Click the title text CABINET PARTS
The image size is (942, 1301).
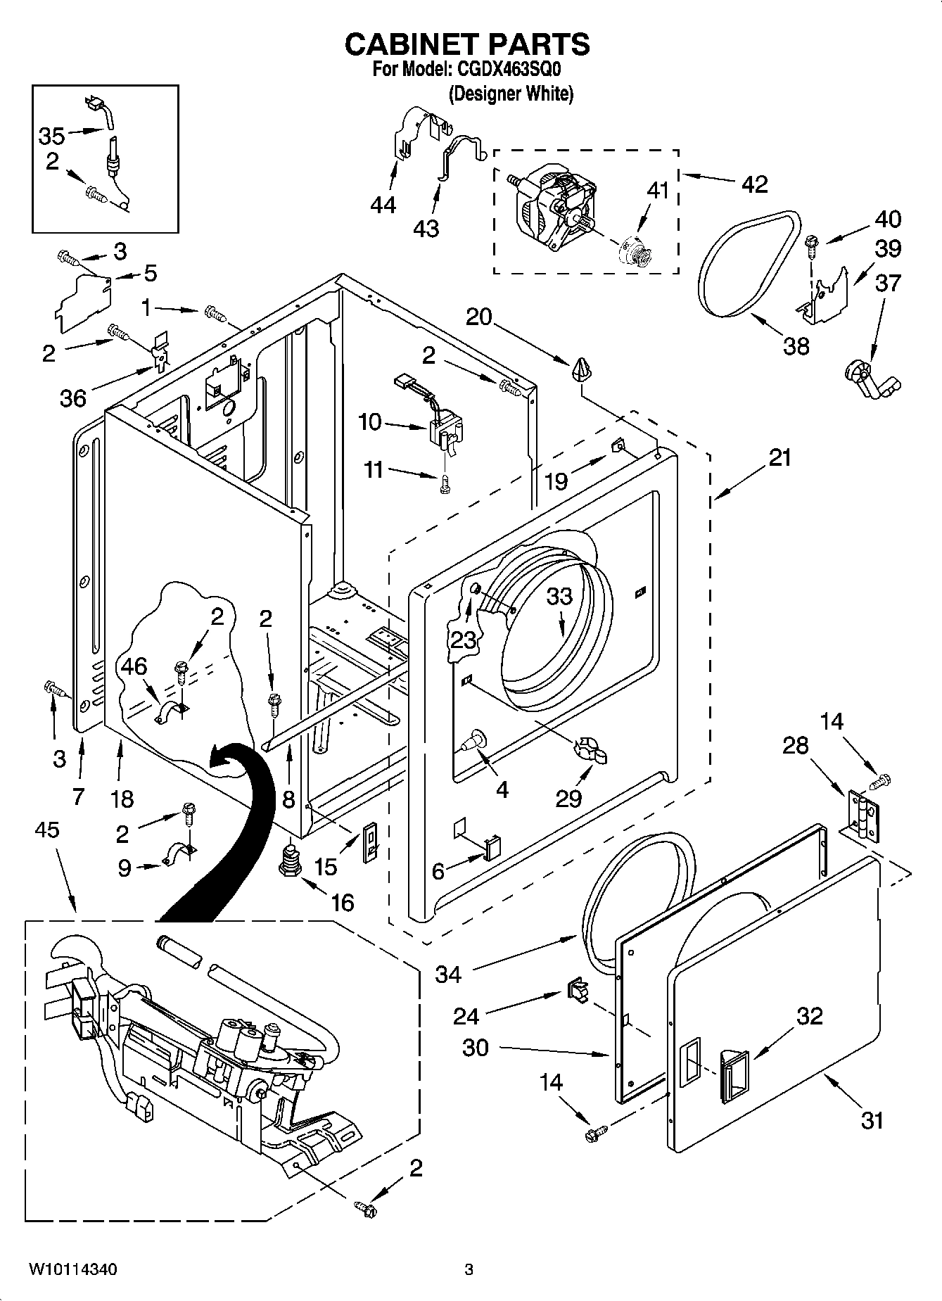tap(467, 44)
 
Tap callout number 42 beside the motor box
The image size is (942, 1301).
tap(754, 184)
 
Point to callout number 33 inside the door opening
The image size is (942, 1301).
tap(560, 596)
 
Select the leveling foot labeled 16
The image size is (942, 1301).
tap(289, 860)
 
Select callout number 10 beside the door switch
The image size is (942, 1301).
tap(370, 422)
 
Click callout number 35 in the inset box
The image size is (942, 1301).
tap(51, 136)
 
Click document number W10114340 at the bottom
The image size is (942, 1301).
tap(72, 1269)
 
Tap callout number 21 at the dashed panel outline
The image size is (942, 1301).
tap(779, 458)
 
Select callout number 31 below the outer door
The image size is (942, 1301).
tap(872, 1119)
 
